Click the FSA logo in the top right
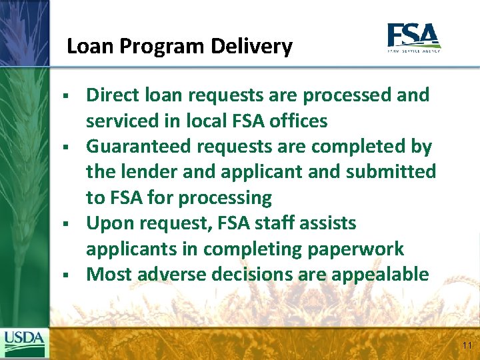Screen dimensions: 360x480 (x=413, y=37)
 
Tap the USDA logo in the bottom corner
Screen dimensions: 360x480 (x=25, y=344)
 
